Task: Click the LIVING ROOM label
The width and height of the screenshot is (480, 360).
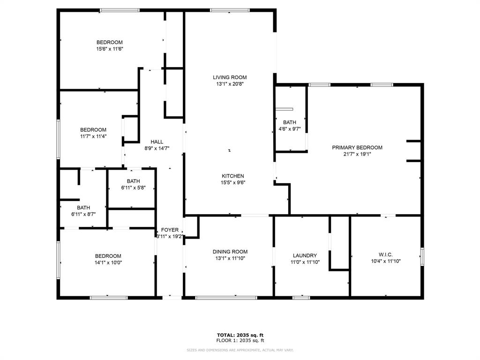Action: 230,77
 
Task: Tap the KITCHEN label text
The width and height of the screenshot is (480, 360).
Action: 233,176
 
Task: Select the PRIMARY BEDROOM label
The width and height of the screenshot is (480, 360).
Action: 357,148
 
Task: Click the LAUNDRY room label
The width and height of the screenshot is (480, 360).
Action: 305,256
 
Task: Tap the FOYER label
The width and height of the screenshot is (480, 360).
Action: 170,230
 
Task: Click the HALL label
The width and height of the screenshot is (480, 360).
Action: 157,142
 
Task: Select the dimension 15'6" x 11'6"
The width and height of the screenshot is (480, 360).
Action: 110,49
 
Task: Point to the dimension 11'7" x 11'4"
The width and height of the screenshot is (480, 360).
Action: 93,136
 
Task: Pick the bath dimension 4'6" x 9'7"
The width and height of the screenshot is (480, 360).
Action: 290,129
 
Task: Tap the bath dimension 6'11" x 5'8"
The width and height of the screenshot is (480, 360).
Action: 134,188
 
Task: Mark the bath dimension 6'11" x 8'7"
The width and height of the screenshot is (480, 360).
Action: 83,214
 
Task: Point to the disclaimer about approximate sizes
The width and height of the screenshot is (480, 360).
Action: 240,350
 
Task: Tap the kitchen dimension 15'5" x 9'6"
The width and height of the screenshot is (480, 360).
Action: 233,183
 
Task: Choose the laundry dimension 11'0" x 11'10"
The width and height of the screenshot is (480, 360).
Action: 305,262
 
